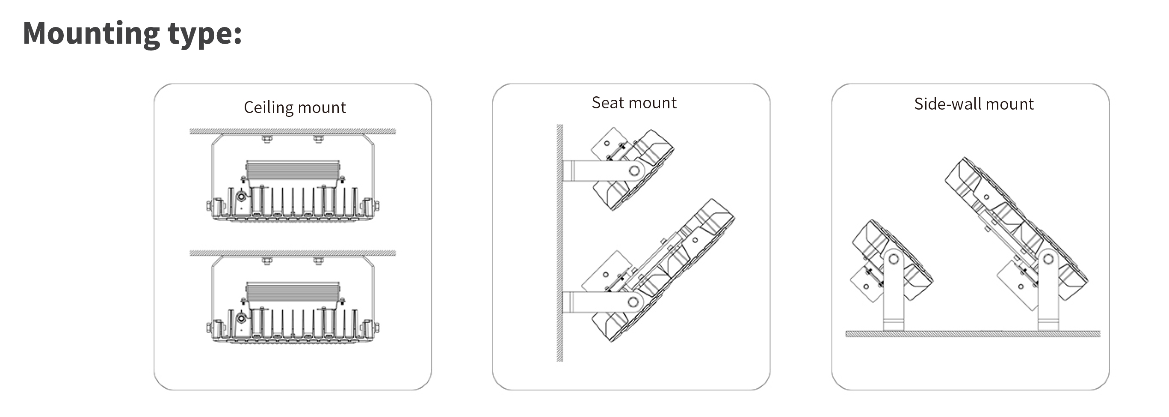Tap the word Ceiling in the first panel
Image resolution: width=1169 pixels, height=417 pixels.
(269, 107)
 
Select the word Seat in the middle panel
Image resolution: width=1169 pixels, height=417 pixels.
(608, 103)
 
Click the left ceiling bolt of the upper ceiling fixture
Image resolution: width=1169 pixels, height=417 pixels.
(267, 139)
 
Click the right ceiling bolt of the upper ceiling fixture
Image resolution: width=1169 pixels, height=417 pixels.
(319, 139)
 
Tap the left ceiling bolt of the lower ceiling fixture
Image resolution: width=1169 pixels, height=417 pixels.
(267, 260)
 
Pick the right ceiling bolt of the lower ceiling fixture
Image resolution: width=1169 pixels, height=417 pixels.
(319, 260)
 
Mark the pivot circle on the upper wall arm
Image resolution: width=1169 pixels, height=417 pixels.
(634, 171)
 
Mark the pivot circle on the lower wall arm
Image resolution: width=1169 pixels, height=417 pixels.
(633, 302)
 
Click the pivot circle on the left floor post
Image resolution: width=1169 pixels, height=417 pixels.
(894, 259)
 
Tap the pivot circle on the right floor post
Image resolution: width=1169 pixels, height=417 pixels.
(1048, 259)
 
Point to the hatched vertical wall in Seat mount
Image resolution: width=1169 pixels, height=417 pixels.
(560, 243)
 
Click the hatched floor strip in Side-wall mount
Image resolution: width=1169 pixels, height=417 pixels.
(973, 334)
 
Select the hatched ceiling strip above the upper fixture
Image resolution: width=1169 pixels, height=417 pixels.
(293, 131)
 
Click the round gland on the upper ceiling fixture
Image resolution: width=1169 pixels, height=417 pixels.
(241, 197)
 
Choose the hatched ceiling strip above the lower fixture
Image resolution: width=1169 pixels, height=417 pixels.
(293, 253)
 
